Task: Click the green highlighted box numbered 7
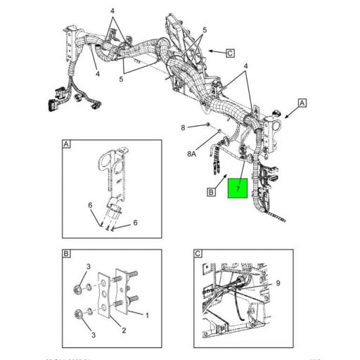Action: coord(238,188)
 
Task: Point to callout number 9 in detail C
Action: coord(278,283)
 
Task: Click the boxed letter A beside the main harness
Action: coord(302,103)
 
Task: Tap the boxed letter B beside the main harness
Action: coord(210,191)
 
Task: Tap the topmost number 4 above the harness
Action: coord(112,12)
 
